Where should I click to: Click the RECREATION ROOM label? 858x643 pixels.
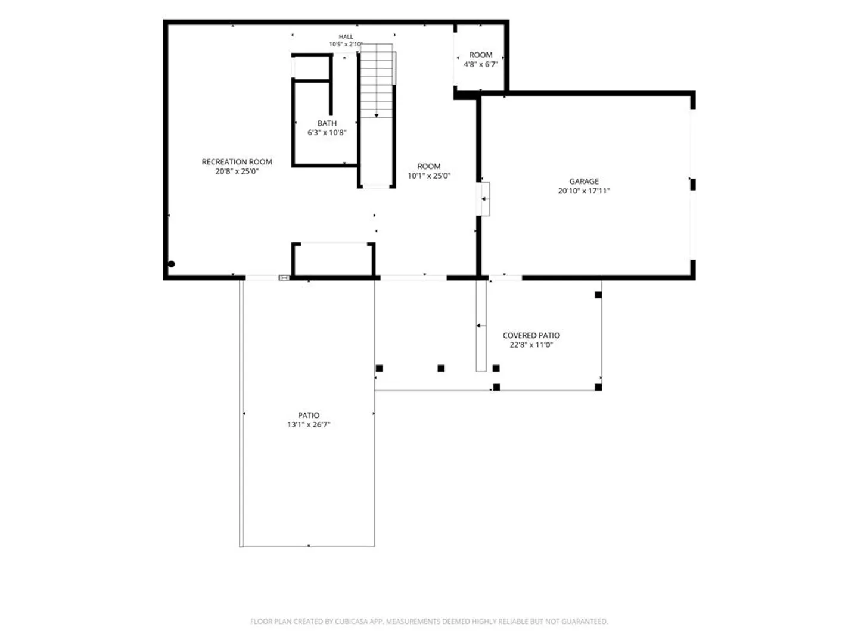[x=237, y=161]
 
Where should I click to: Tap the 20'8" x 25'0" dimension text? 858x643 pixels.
[x=237, y=171]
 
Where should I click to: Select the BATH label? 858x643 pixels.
[x=327, y=123]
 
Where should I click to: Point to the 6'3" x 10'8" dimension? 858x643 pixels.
[x=327, y=132]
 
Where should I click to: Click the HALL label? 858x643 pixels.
[x=346, y=37]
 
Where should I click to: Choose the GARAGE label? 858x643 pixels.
[x=584, y=181]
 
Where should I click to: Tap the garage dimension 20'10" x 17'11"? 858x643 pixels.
[x=584, y=191]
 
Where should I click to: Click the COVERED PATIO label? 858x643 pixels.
[x=531, y=335]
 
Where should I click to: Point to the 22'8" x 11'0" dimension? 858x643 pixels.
[x=531, y=345]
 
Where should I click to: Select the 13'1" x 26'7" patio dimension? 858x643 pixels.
[x=309, y=424]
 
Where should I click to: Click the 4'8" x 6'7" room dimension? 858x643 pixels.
[x=481, y=64]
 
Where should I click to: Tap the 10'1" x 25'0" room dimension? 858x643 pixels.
[x=429, y=176]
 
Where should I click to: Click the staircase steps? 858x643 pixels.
[x=377, y=81]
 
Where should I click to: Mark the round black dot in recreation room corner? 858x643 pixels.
[x=171, y=264]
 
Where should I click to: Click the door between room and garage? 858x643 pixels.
[x=483, y=199]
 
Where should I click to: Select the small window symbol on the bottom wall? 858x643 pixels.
[x=284, y=277]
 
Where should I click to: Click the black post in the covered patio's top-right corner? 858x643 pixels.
[x=598, y=295]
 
